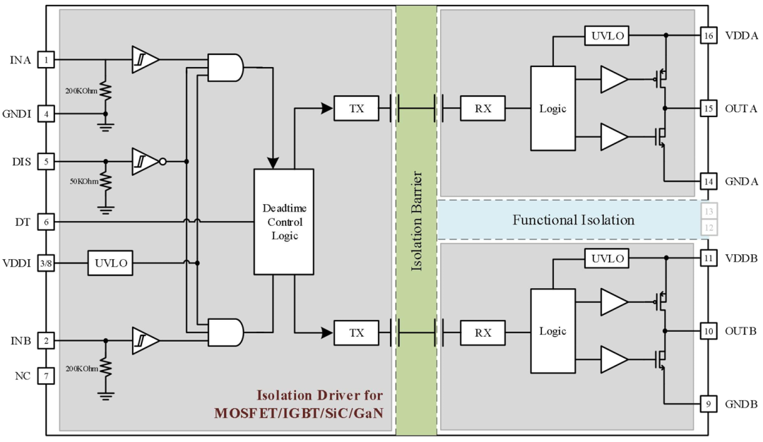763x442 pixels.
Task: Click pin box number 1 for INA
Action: (x=46, y=60)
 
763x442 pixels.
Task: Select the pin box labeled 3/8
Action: (x=46, y=263)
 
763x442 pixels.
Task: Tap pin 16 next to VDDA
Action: (x=709, y=35)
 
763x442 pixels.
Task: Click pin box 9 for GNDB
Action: (x=709, y=404)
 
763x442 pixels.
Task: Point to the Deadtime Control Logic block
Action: (x=284, y=222)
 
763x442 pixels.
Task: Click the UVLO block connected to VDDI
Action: (x=110, y=263)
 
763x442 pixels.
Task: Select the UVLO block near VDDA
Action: (x=607, y=35)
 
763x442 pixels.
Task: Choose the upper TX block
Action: (x=356, y=109)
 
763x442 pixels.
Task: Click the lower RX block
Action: (x=483, y=333)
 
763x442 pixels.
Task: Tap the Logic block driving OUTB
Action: (x=552, y=331)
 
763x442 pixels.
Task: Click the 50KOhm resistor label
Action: (x=83, y=181)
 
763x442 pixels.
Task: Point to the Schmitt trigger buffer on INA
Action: (x=146, y=60)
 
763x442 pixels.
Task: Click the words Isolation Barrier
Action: (x=416, y=221)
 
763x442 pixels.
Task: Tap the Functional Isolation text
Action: (x=573, y=220)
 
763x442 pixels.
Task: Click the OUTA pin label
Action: (x=741, y=109)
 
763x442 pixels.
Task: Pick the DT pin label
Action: (x=23, y=222)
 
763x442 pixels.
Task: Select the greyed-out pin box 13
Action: (x=709, y=212)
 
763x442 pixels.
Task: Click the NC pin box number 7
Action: (x=46, y=376)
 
